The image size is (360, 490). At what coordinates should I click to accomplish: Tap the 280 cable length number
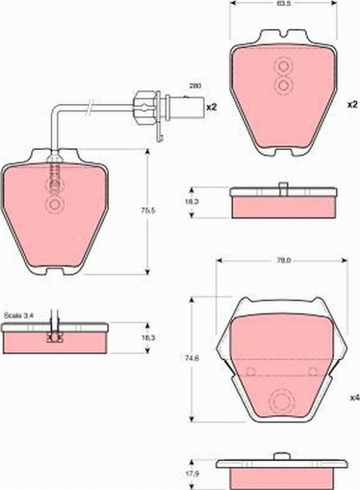tap(195, 86)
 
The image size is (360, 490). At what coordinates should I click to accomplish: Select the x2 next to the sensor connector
tap(211, 107)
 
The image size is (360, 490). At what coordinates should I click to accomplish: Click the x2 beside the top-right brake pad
tap(352, 104)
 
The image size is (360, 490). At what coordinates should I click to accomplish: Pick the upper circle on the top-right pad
tap(283, 66)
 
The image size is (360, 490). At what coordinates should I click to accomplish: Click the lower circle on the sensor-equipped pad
tap(55, 206)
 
